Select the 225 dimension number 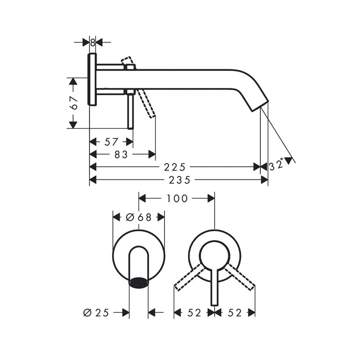175,167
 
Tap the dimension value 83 121,154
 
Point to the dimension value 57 111,142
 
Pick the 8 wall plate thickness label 93,42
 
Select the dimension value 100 177,199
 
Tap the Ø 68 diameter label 139,217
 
